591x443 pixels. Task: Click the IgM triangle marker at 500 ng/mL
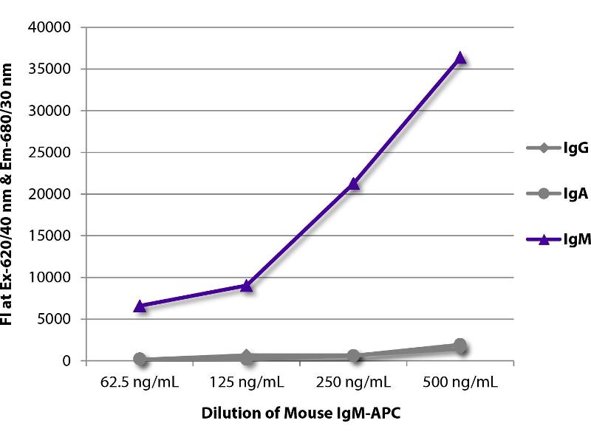coord(460,58)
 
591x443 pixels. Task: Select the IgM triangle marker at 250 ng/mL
coord(354,183)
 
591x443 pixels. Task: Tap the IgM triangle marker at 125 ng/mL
coord(247,285)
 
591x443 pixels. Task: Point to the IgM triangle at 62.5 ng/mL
coord(140,305)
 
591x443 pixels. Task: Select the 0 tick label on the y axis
coord(66,361)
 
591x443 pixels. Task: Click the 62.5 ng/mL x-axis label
coord(140,382)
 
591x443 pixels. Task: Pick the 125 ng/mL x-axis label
coord(247,382)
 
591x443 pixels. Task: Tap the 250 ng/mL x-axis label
coord(354,382)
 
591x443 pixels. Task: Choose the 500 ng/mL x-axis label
coord(460,382)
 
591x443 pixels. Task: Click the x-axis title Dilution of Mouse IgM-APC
coord(300,413)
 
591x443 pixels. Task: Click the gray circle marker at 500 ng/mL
coord(460,346)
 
